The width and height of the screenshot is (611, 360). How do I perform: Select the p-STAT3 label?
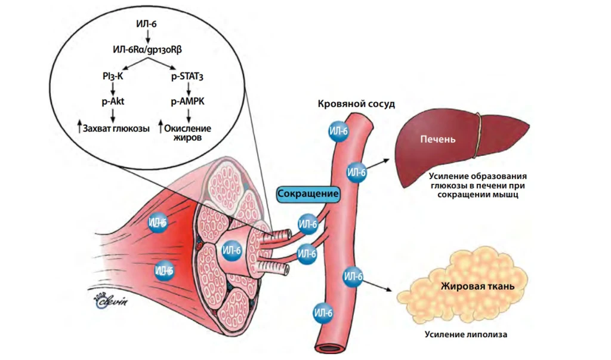coord(189,76)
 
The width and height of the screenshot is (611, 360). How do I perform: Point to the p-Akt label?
coord(112,102)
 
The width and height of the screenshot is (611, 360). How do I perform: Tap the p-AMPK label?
coord(189,102)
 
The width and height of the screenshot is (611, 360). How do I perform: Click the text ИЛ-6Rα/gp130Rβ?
coord(146,51)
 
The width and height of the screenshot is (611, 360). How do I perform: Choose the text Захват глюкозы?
coord(116,128)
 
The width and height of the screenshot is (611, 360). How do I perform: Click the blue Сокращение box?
coord(308,195)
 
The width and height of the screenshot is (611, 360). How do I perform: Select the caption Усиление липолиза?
coord(466,334)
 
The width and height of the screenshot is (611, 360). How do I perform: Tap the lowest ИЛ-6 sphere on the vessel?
coord(322,312)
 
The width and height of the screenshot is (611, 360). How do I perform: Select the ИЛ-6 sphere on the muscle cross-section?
coord(232,248)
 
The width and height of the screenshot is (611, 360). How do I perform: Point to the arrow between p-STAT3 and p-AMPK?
coord(189,89)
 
